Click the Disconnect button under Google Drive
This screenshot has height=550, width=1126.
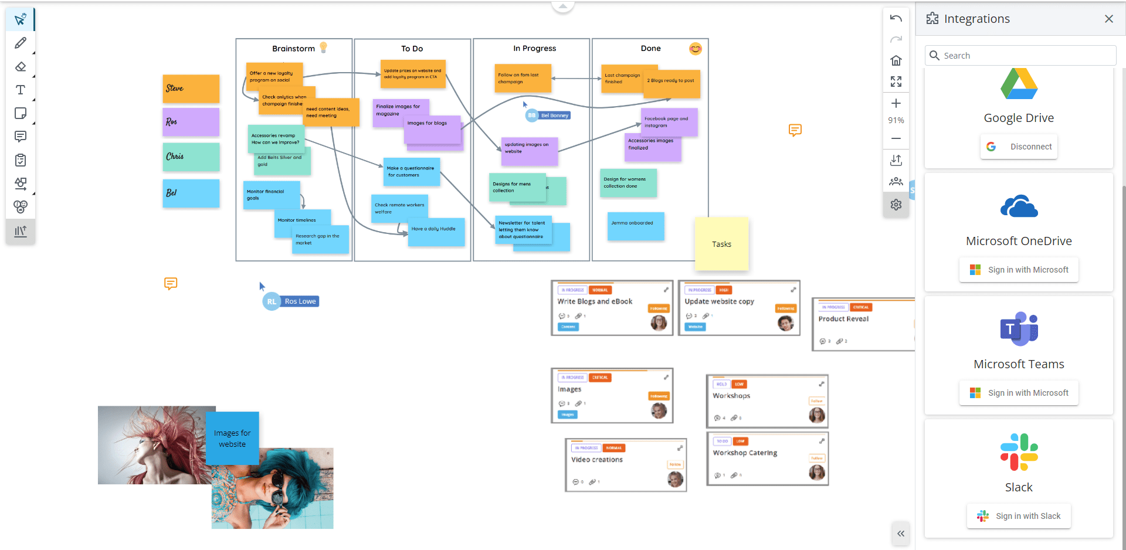click(1019, 147)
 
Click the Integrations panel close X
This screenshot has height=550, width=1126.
click(1108, 19)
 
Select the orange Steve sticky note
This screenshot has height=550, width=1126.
click(191, 89)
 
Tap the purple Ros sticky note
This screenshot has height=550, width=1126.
click(191, 122)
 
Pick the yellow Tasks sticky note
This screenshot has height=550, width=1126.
click(721, 244)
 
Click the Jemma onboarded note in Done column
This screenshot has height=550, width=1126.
click(636, 226)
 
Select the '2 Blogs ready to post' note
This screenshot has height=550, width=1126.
click(672, 83)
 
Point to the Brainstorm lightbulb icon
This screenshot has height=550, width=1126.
click(323, 47)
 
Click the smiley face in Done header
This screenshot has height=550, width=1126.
click(696, 49)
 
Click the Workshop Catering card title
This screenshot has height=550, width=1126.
click(745, 453)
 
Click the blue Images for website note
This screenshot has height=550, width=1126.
click(232, 438)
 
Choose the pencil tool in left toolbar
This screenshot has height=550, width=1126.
click(21, 43)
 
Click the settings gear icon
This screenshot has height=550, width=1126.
click(896, 205)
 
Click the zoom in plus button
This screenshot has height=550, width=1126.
click(896, 104)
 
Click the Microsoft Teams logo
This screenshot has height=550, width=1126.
click(1019, 328)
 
